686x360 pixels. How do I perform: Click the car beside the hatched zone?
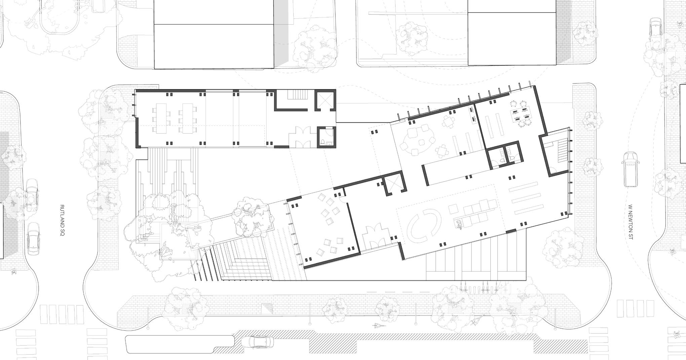257,342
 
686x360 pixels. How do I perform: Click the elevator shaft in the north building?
324,101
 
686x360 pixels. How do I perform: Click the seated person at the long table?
459,223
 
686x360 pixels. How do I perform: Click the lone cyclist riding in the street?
378,326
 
